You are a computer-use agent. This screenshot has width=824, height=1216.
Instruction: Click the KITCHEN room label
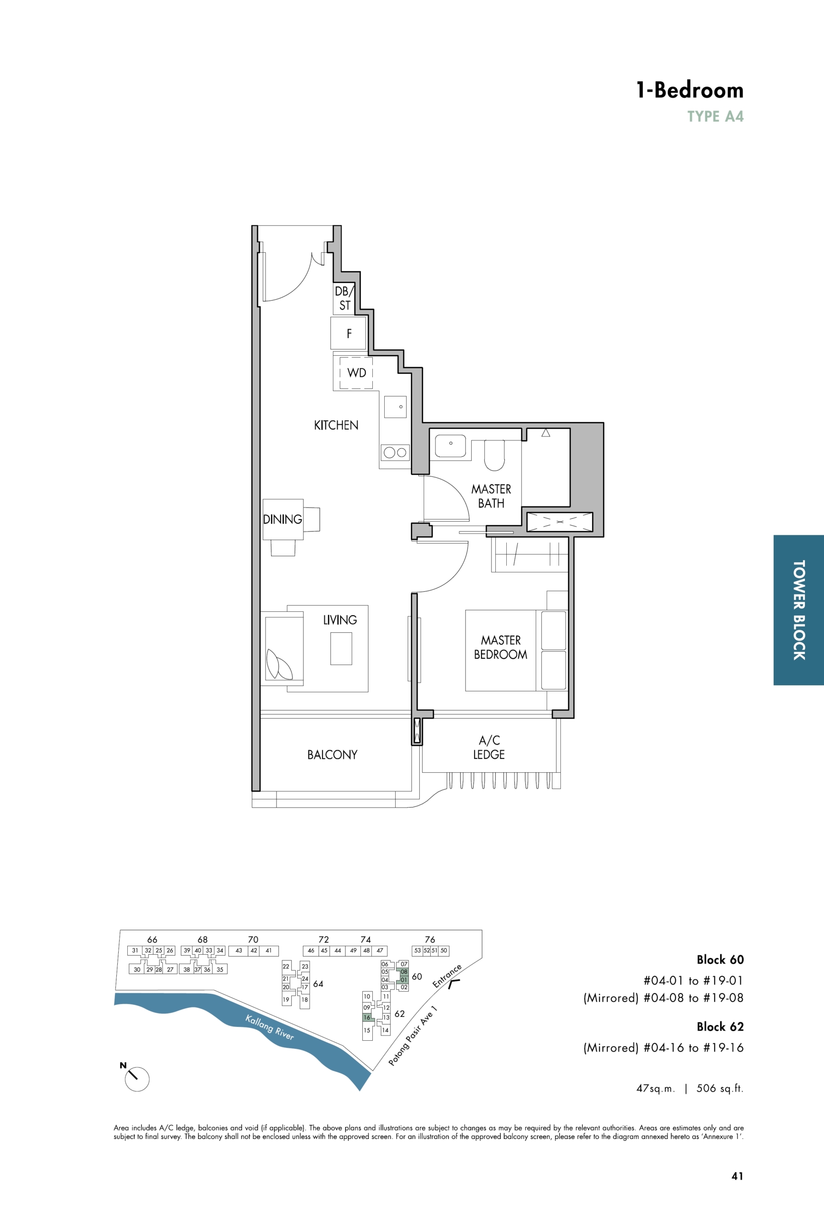click(336, 425)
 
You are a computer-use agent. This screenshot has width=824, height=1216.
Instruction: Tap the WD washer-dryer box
click(356, 373)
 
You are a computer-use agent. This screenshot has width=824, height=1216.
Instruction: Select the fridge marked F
click(349, 333)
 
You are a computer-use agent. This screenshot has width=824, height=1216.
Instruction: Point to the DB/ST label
click(345, 298)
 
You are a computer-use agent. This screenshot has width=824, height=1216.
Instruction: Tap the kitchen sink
click(396, 407)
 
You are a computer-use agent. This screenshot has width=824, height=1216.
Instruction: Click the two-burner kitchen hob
click(395, 453)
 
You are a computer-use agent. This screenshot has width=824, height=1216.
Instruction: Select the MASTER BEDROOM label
click(501, 647)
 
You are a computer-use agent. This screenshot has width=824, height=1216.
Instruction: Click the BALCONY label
click(332, 754)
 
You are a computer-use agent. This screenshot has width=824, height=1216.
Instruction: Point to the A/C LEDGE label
click(489, 747)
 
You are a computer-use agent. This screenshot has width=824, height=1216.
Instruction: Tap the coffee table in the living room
click(341, 649)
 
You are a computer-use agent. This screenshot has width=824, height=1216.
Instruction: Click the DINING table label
click(283, 519)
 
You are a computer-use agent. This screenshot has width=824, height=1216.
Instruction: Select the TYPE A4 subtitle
click(715, 117)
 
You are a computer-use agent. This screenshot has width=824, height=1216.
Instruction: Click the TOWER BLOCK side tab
click(799, 609)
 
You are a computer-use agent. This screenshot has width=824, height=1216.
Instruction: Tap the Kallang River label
click(269, 1027)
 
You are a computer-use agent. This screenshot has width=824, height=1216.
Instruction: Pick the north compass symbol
click(135, 1077)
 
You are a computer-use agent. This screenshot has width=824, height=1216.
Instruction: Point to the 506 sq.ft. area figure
click(720, 1088)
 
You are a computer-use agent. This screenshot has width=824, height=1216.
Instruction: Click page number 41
click(737, 1176)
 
